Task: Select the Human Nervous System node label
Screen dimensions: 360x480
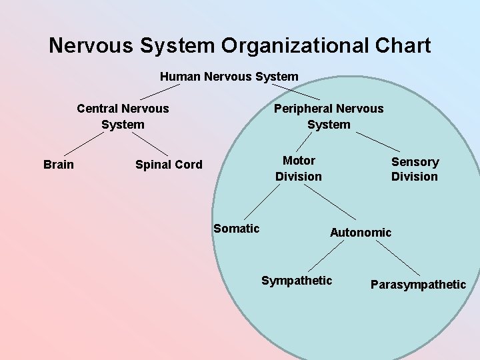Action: point(229,76)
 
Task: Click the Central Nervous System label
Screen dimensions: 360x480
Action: point(123,116)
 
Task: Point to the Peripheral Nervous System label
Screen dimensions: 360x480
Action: point(329,116)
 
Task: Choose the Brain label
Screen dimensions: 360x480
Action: point(59,164)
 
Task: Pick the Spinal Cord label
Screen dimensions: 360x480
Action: point(169,165)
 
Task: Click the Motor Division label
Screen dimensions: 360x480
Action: point(299,168)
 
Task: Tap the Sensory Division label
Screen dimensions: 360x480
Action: point(415,169)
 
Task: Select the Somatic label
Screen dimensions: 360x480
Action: point(236,229)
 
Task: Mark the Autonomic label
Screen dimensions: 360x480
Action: point(361,232)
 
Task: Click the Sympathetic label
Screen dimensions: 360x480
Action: point(297,280)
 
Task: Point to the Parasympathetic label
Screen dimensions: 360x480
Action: point(418,285)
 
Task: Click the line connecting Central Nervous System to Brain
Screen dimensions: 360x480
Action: point(83,143)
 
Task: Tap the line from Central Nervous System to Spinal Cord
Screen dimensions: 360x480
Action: point(149,143)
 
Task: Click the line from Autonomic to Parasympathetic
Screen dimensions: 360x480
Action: point(398,257)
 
